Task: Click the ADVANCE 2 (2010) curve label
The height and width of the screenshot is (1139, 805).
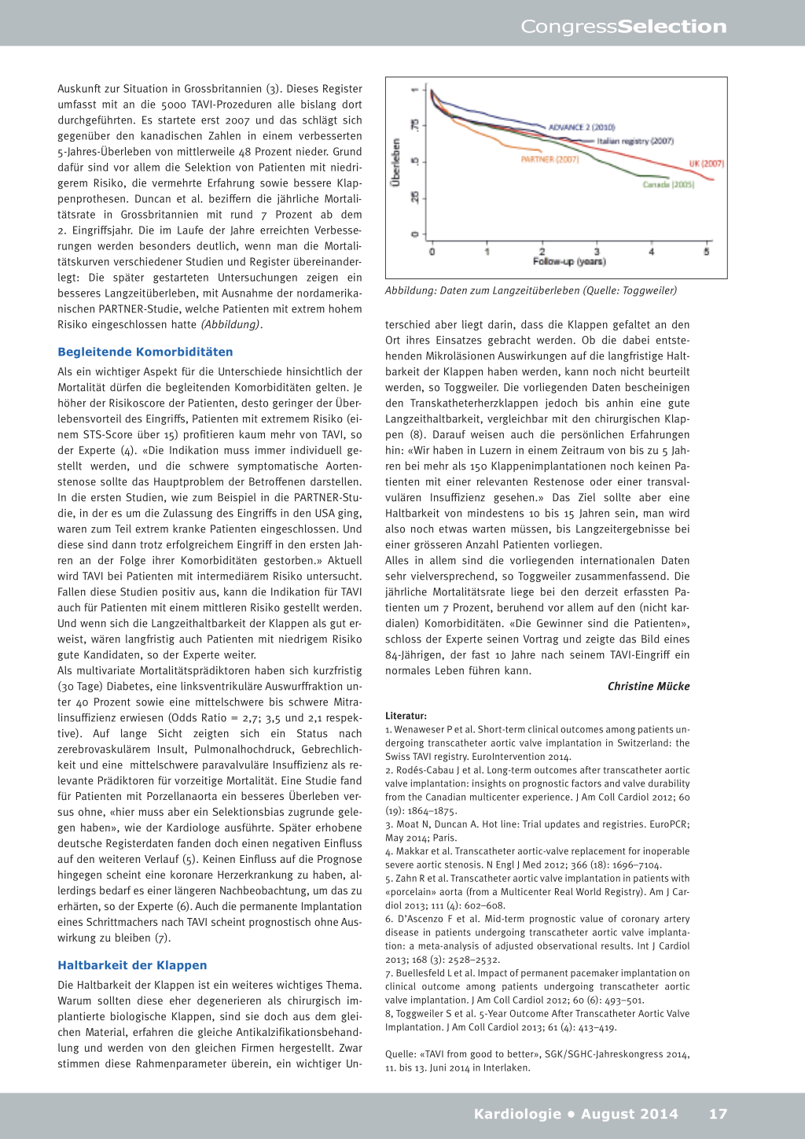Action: click(x=581, y=127)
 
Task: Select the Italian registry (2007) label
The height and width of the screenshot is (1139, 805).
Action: click(x=634, y=142)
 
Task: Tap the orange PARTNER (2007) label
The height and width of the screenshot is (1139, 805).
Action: click(x=550, y=160)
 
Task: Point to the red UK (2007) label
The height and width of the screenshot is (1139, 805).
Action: click(x=706, y=164)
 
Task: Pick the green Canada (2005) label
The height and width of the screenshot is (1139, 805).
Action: click(x=668, y=185)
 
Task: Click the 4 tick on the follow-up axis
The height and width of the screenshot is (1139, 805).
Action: click(x=651, y=252)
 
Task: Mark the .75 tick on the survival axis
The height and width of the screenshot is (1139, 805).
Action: click(x=415, y=125)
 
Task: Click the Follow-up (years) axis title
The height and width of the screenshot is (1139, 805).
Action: click(x=569, y=262)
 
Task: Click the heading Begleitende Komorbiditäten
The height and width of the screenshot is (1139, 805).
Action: click(x=145, y=352)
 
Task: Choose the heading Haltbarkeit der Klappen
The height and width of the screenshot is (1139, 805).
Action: click(x=132, y=966)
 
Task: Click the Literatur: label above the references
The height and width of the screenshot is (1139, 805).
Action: click(x=406, y=717)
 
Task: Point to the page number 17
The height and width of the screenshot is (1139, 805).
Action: click(x=718, y=1114)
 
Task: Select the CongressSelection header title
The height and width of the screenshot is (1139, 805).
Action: click(x=623, y=27)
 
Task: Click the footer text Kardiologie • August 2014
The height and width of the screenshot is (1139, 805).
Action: click(x=575, y=1114)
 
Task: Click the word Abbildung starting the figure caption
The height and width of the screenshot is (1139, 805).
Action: click(x=410, y=291)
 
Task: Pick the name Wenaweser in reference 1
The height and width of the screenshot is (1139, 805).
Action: click(x=419, y=730)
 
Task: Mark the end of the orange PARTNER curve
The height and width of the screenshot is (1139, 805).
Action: click(x=541, y=150)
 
